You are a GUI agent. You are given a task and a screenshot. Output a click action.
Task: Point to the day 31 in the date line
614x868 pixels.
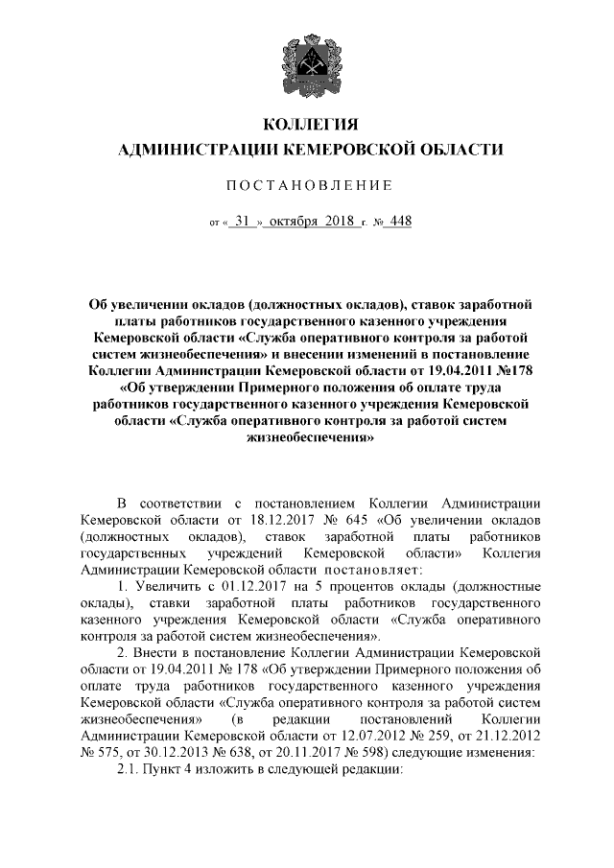pos(243,221)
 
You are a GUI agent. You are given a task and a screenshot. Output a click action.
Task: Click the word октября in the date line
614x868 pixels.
pos(298,221)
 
